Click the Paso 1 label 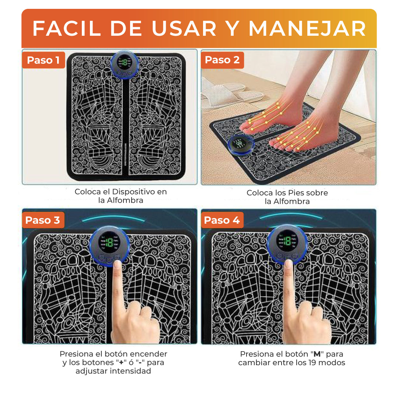[x=43, y=60]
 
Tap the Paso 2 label [x=222, y=60]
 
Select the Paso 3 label [x=42, y=220]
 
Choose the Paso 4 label [x=222, y=220]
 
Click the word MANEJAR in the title [x=307, y=29]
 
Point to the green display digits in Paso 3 [x=109, y=242]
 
